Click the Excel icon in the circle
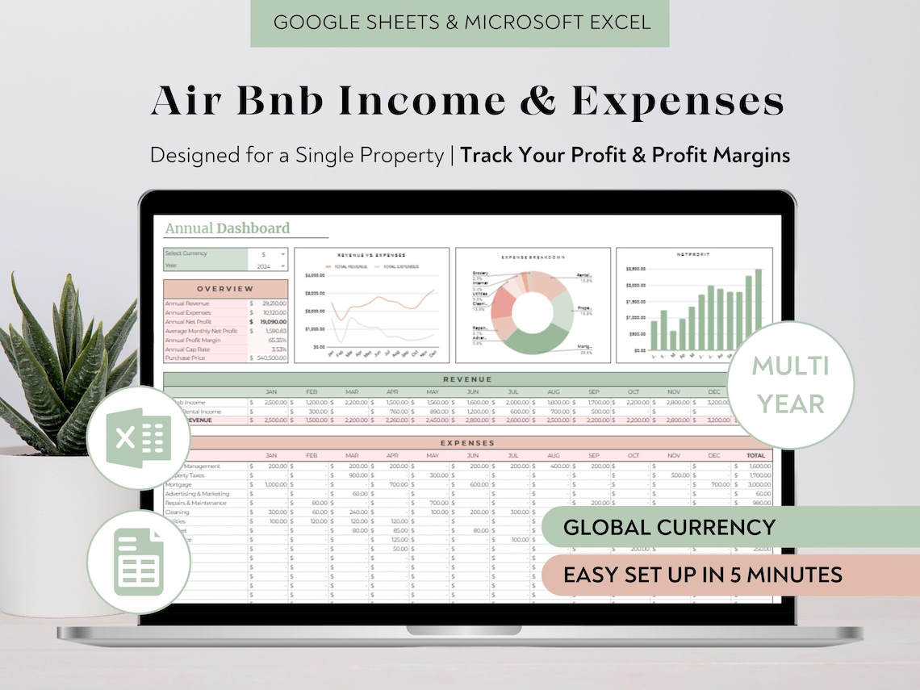138,437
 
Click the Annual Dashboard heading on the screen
227,228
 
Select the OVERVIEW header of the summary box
225,288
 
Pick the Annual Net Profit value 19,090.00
270,321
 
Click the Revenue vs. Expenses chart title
372,255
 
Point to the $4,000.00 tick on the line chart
314,275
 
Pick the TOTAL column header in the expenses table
755,455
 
